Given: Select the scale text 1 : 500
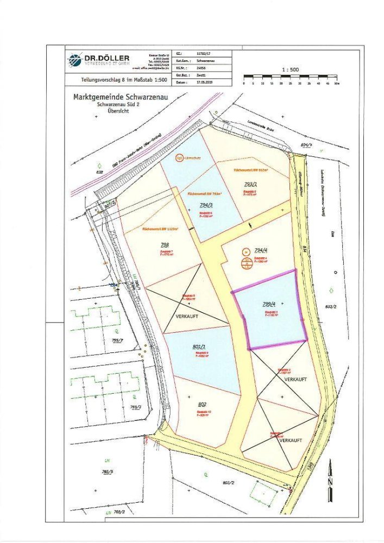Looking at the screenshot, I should (291, 70).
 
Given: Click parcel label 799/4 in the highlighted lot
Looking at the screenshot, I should (270, 306).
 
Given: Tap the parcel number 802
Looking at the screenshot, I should (202, 404).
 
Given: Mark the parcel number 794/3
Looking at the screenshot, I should (206, 205).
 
